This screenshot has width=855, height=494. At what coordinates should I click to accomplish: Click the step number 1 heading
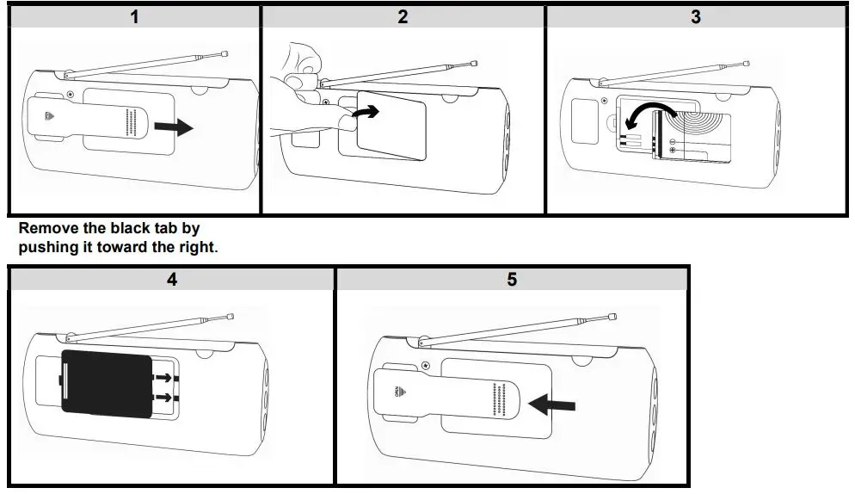[x=134, y=16]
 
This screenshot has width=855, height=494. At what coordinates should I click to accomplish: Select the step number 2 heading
[x=403, y=16]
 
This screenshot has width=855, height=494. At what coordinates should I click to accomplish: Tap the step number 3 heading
[x=695, y=16]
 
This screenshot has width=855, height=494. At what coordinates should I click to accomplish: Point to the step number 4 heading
[x=172, y=280]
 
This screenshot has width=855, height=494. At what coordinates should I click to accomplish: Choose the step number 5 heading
[x=512, y=280]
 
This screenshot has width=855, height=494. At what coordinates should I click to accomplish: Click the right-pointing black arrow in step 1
[x=175, y=127]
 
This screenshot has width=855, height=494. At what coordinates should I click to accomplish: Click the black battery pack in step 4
[x=108, y=386]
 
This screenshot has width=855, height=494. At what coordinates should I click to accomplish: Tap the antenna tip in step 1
[x=225, y=53]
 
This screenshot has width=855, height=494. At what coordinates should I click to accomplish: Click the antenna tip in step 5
[x=611, y=317]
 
